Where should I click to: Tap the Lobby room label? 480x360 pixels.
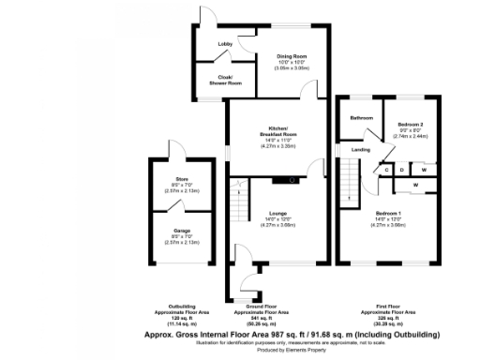click(x=225, y=44)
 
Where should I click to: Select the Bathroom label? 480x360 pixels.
click(x=362, y=118)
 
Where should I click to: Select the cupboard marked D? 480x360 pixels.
click(x=402, y=170)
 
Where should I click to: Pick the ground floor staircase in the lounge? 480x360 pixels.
click(x=237, y=201)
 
